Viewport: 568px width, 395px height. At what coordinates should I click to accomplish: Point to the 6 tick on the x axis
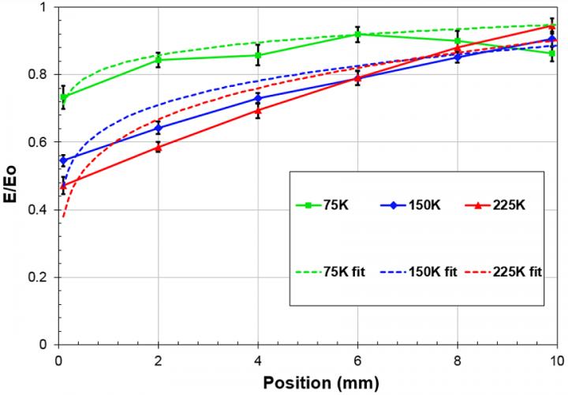pyautogui.click(x=357, y=358)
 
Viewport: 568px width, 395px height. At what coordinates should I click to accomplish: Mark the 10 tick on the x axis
pyautogui.click(x=555, y=358)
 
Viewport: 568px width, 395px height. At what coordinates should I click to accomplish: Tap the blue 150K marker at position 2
pyautogui.click(x=159, y=128)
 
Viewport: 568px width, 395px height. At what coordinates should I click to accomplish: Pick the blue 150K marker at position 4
pyautogui.click(x=258, y=98)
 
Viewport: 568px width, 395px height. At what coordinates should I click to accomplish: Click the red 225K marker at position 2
pyautogui.click(x=159, y=147)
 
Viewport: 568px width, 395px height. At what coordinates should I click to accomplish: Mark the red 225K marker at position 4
pyautogui.click(x=258, y=111)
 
